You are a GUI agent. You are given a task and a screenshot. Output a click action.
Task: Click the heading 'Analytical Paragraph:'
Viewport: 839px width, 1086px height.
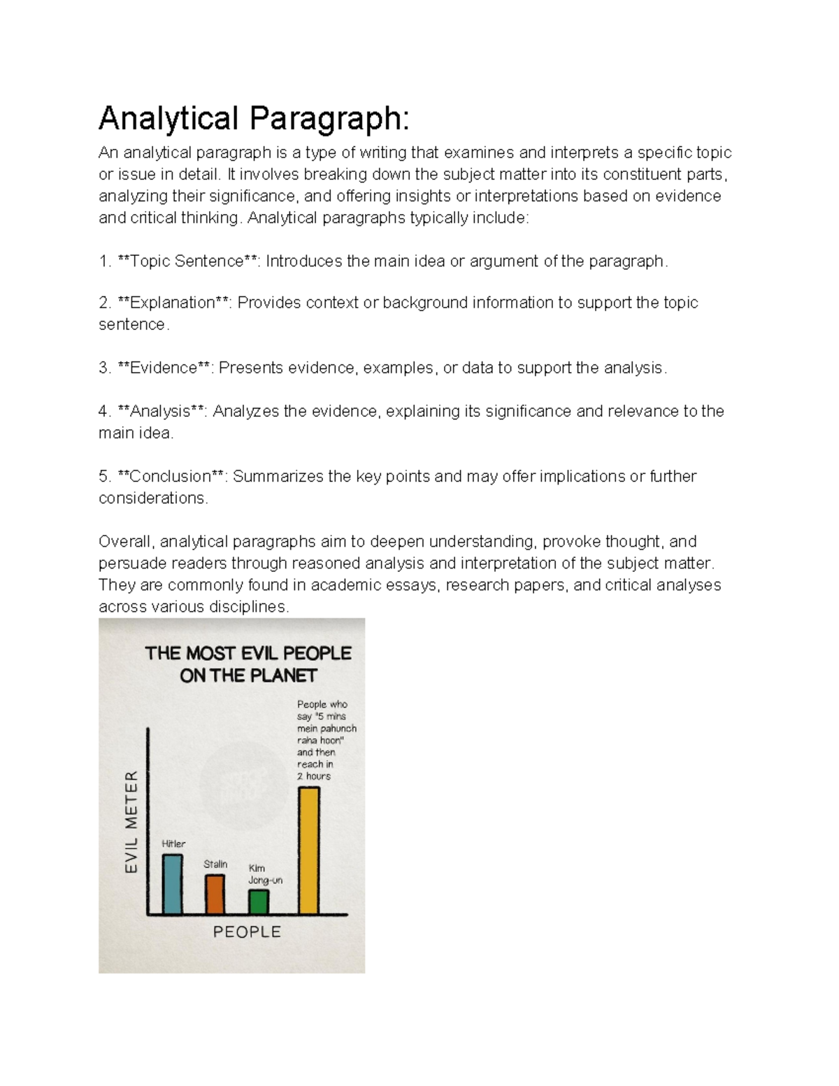253,118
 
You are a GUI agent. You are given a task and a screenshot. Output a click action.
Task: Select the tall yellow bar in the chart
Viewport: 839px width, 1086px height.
309,850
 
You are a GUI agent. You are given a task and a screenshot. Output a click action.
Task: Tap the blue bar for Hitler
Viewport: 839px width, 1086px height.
173,884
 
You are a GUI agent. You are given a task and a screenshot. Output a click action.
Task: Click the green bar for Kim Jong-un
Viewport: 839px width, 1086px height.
259,901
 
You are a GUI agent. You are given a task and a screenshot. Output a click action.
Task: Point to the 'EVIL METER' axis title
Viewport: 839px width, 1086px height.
131,822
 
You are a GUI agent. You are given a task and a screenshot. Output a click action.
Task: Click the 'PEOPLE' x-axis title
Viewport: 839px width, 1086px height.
247,931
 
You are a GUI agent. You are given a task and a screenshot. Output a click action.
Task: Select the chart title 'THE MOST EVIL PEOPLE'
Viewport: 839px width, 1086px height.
248,653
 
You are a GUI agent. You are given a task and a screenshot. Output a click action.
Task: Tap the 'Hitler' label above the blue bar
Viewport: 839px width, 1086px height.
173,843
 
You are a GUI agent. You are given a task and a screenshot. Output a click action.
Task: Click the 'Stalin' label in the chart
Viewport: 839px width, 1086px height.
215,864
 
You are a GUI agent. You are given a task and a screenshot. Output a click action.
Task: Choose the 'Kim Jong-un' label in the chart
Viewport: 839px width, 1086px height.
265,874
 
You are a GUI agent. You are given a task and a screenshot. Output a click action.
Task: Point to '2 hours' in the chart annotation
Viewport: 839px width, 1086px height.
314,776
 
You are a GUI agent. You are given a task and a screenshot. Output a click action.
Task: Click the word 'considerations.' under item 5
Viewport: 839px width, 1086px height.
153,498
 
